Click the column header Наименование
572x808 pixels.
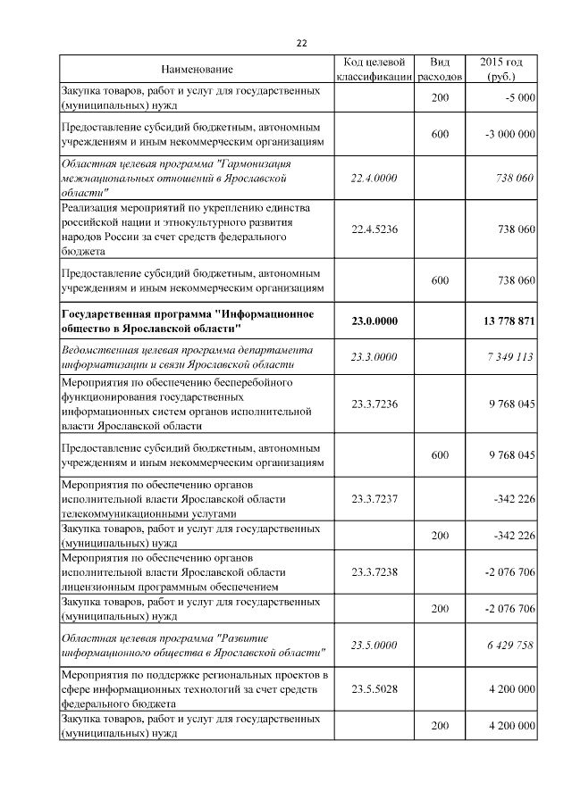point(197,70)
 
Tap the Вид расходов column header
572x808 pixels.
point(440,70)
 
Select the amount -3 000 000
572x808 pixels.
point(509,134)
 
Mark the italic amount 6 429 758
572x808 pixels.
point(510,645)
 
